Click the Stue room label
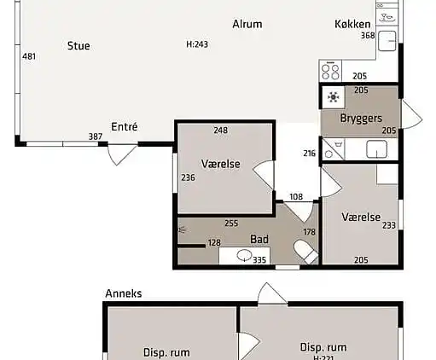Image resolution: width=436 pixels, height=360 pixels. [x=78, y=45]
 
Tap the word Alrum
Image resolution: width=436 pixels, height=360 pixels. [x=247, y=24]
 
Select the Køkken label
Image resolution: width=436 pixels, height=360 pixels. [x=352, y=24]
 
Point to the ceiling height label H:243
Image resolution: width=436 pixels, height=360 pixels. [x=196, y=45]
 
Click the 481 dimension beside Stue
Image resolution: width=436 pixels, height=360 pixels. [x=29, y=57]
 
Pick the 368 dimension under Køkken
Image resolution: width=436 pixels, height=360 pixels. [x=367, y=36]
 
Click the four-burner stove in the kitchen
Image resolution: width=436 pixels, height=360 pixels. [x=331, y=72]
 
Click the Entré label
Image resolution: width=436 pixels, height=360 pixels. [x=125, y=127]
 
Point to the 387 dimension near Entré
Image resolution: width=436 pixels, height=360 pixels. [x=96, y=136]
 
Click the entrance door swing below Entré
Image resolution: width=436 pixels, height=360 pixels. [x=122, y=154]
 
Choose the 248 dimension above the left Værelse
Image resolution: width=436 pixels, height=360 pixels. [x=221, y=131]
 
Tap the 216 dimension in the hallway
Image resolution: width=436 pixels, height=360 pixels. [x=309, y=154]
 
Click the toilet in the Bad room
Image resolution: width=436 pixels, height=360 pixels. [x=305, y=251]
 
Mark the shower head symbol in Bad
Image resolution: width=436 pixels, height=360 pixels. [x=182, y=229]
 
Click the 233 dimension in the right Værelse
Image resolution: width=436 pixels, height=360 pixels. [x=388, y=225]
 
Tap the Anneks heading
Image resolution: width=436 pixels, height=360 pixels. [x=123, y=293]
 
